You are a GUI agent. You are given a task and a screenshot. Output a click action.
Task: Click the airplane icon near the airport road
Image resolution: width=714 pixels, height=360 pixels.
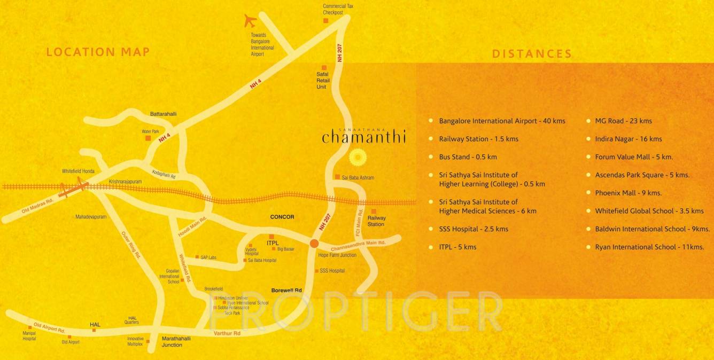[x=250, y=20]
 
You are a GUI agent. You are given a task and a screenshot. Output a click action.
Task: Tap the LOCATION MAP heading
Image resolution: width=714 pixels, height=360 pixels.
[x=98, y=52]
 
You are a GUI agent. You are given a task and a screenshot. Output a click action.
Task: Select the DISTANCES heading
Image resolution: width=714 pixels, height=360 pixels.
[x=532, y=53]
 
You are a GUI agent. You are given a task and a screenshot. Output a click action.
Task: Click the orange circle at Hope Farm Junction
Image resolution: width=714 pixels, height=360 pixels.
[x=314, y=244]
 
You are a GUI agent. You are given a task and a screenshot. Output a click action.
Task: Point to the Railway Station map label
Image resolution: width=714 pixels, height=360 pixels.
[x=376, y=221]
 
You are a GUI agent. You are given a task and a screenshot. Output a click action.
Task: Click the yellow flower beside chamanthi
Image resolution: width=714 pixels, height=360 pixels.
[x=358, y=158]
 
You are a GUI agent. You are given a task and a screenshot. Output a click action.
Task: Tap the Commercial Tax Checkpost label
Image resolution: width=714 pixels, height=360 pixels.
[x=338, y=9]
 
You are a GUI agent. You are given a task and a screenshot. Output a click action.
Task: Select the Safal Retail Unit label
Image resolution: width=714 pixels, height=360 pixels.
[x=323, y=81]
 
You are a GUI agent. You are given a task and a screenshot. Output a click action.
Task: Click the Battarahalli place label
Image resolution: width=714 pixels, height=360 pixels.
[x=163, y=114]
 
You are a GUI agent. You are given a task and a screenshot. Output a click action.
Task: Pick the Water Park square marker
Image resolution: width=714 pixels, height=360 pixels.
[x=148, y=138]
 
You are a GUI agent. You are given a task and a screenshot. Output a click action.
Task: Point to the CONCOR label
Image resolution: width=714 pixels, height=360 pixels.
[x=282, y=217]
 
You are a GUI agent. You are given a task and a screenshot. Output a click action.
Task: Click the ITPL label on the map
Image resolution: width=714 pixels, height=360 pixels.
[x=273, y=243]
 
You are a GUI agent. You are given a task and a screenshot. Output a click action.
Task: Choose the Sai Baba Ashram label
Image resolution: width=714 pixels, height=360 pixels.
[x=358, y=177]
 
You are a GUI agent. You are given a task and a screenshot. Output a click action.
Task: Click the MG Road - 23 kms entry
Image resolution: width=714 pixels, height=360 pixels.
[x=623, y=121]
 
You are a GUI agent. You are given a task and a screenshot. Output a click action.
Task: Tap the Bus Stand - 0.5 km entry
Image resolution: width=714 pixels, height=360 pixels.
[x=468, y=157]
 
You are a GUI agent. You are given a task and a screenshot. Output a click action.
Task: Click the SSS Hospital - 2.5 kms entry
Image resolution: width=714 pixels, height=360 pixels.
[x=474, y=229]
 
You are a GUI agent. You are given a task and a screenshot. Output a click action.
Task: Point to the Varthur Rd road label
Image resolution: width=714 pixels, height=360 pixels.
[x=227, y=333]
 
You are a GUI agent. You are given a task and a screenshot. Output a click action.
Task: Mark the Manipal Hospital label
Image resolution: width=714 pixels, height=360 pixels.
[x=29, y=336]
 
